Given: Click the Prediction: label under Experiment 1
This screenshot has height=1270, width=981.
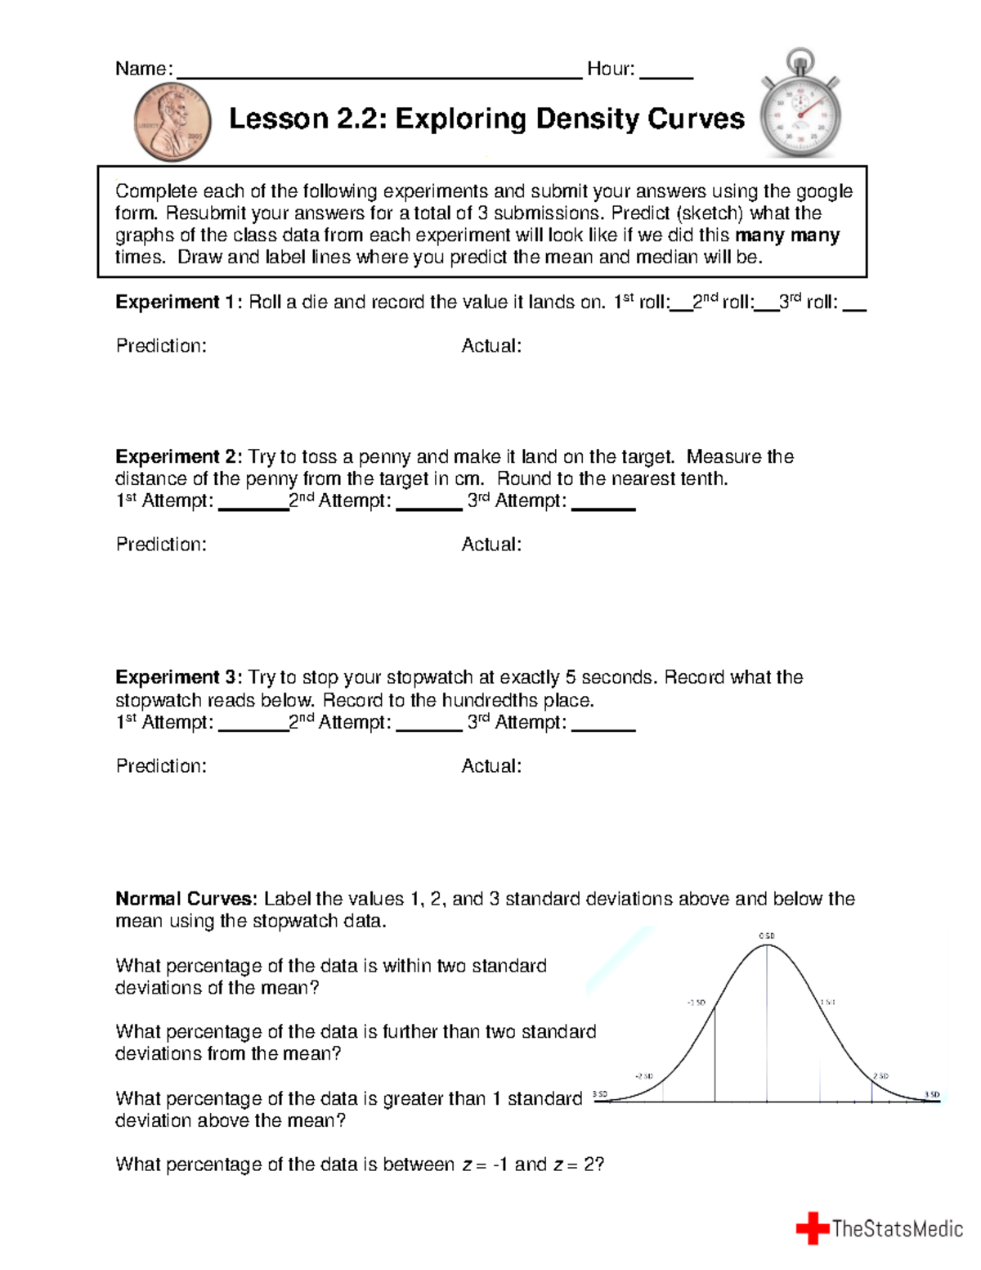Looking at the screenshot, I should [x=161, y=346].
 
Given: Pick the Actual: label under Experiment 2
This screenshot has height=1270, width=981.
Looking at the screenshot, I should [x=491, y=545].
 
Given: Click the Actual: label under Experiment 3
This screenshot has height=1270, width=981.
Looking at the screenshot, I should [x=491, y=766].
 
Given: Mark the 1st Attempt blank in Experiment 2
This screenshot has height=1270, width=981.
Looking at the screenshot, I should [x=253, y=505].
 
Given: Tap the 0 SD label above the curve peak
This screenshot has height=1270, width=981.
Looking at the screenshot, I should [x=767, y=936].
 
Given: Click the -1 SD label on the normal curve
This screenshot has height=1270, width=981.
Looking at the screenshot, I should [x=696, y=1002].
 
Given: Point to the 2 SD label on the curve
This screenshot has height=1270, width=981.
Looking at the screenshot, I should [x=880, y=1076].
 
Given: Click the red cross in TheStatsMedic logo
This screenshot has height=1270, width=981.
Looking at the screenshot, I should [x=813, y=1228].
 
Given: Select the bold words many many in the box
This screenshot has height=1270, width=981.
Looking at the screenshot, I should [x=787, y=236].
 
